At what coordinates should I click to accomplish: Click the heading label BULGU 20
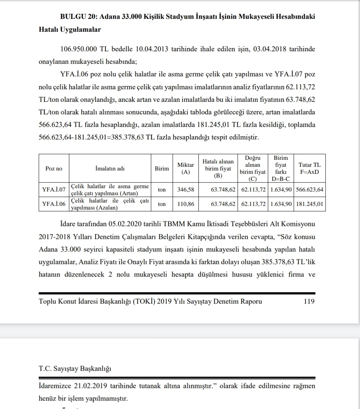pyautogui.click(x=78, y=17)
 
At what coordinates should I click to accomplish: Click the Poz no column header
pyautogui.click(x=54, y=169)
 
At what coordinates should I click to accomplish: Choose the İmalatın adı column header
pyautogui.click(x=110, y=169)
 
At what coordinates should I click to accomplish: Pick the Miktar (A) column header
pyautogui.click(x=186, y=169)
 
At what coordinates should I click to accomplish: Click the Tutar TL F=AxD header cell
pyautogui.click(x=309, y=169)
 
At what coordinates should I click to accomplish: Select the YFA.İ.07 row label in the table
pyautogui.click(x=54, y=190)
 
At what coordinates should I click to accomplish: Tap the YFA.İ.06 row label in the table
pyautogui.click(x=54, y=204)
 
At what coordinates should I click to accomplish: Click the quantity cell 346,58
pyautogui.click(x=186, y=190)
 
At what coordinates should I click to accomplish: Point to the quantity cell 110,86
pyautogui.click(x=186, y=204)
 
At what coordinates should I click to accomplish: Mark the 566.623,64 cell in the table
pyautogui.click(x=310, y=190)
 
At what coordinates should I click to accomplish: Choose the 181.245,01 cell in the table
pyautogui.click(x=310, y=204)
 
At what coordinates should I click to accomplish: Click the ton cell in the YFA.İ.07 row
pyautogui.click(x=162, y=190)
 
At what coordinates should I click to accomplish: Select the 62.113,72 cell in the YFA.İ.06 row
pyautogui.click(x=253, y=204)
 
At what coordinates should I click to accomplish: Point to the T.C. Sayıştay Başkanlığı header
pyautogui.click(x=75, y=368)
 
